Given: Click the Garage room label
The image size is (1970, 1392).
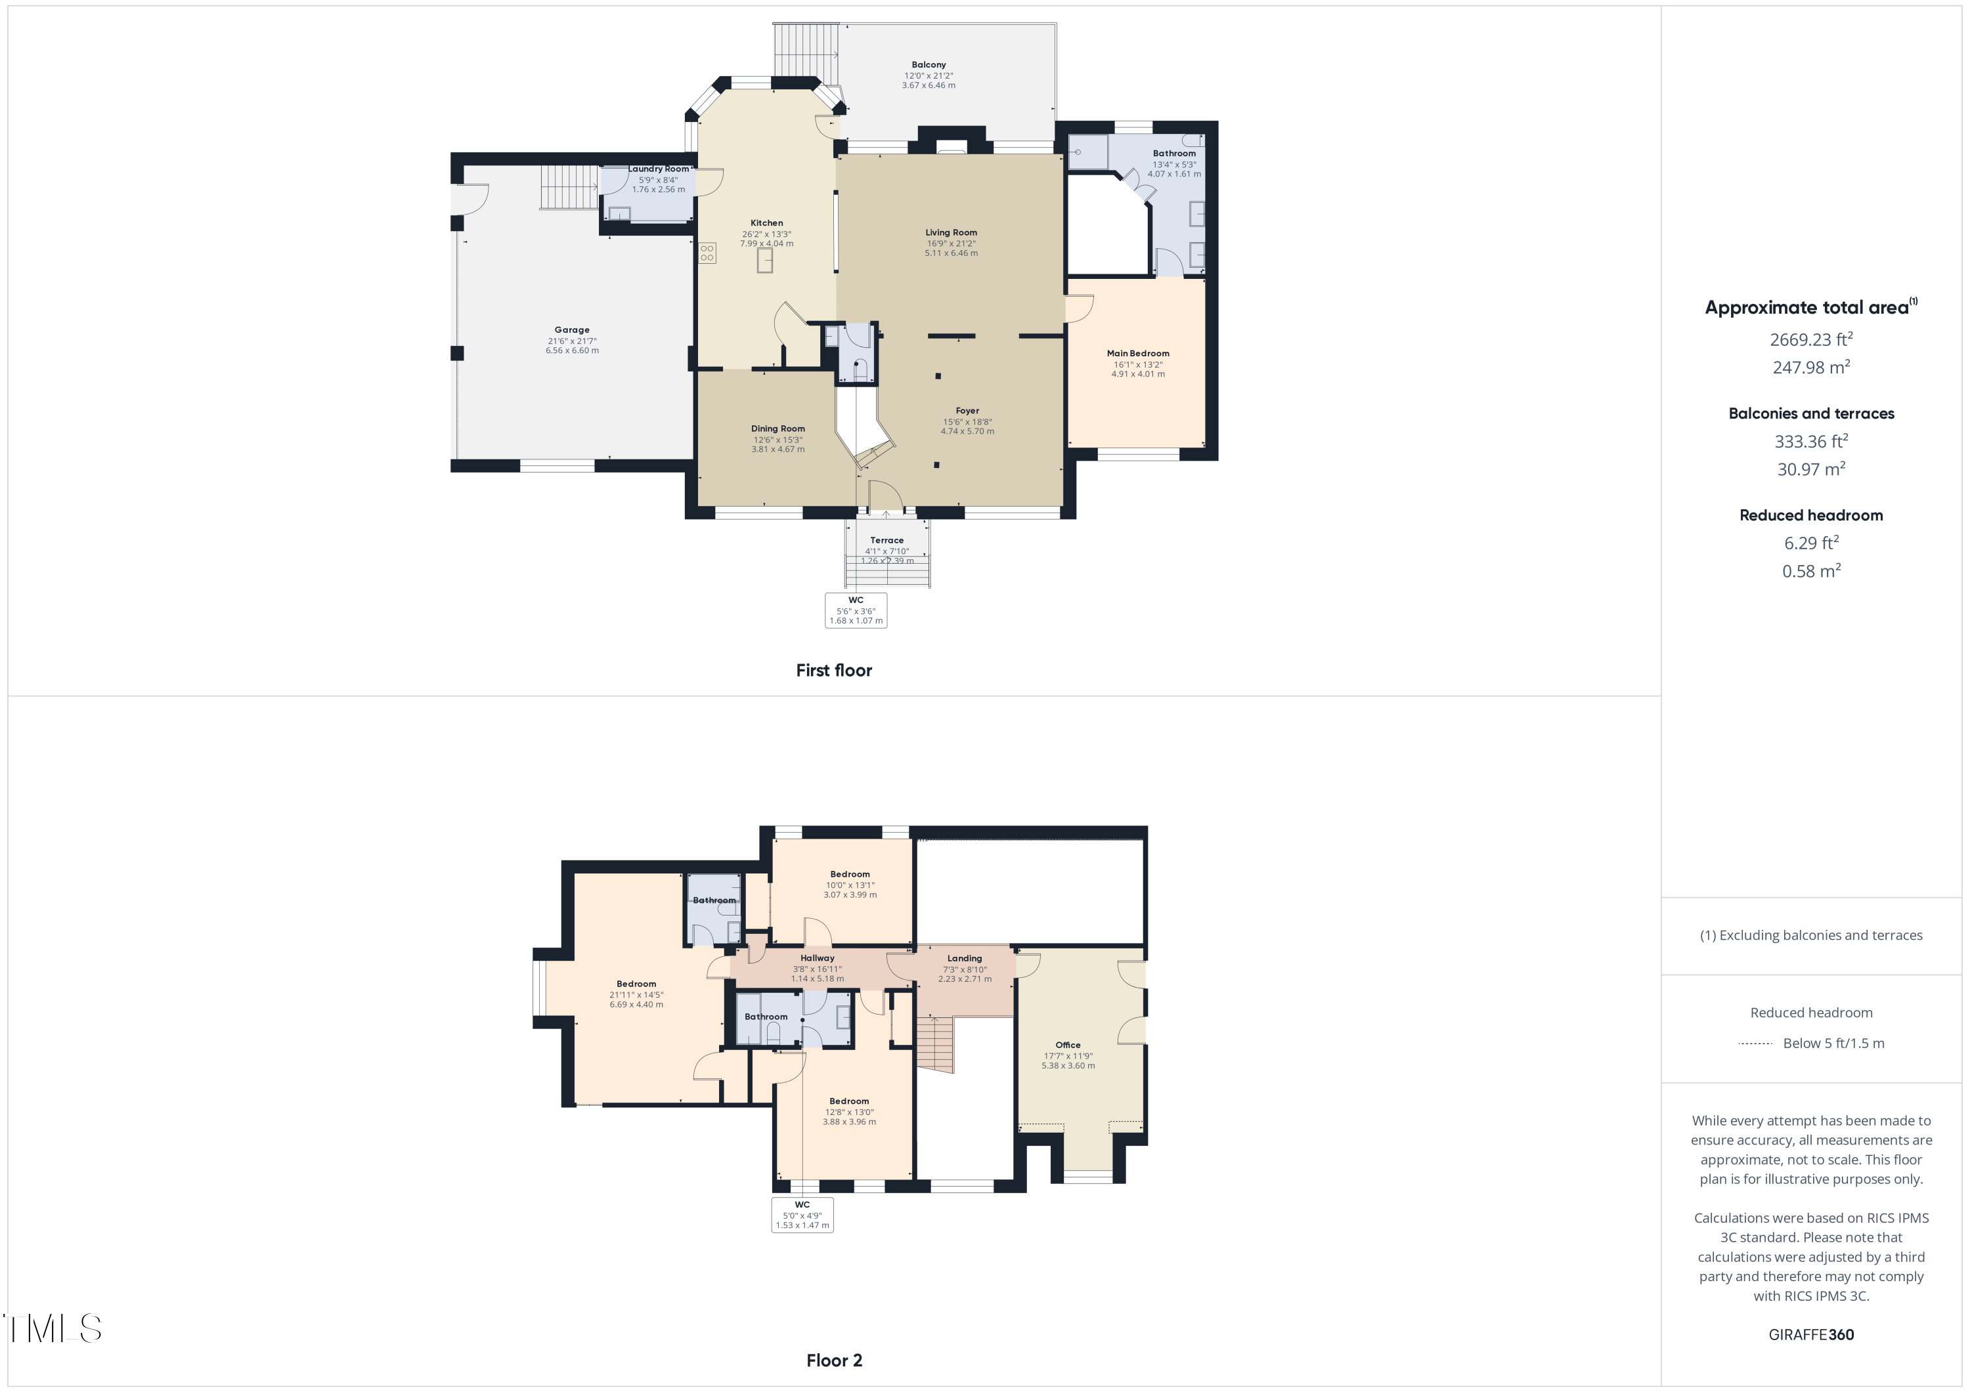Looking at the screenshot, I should [x=571, y=330].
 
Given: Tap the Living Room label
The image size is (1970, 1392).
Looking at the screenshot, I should [x=951, y=232].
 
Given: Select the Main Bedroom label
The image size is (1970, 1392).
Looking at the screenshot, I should [x=1138, y=353].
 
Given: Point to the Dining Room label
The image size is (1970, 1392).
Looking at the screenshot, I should [x=777, y=429].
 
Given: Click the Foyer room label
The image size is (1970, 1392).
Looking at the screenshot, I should [x=967, y=411].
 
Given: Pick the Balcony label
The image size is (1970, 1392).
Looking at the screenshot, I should [x=929, y=64].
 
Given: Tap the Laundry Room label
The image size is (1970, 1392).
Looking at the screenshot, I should [x=658, y=169].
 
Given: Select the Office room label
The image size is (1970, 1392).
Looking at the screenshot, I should [x=1067, y=1045].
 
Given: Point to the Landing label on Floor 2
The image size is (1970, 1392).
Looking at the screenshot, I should [x=965, y=959].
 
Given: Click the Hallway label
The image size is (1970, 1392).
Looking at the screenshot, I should [x=817, y=958].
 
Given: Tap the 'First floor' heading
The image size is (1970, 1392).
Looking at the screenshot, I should [x=833, y=671].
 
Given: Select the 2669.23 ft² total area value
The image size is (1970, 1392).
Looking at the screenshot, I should [x=1810, y=340].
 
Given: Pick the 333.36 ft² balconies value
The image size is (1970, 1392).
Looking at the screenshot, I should [x=1810, y=442].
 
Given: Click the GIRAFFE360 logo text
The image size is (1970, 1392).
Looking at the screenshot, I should [x=1810, y=1334].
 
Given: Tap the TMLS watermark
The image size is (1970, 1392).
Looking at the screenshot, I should [x=53, y=1328].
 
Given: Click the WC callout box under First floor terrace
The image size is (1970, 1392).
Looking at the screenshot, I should [x=856, y=610].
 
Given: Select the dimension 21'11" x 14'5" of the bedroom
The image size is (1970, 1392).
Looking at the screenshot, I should [x=636, y=995].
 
